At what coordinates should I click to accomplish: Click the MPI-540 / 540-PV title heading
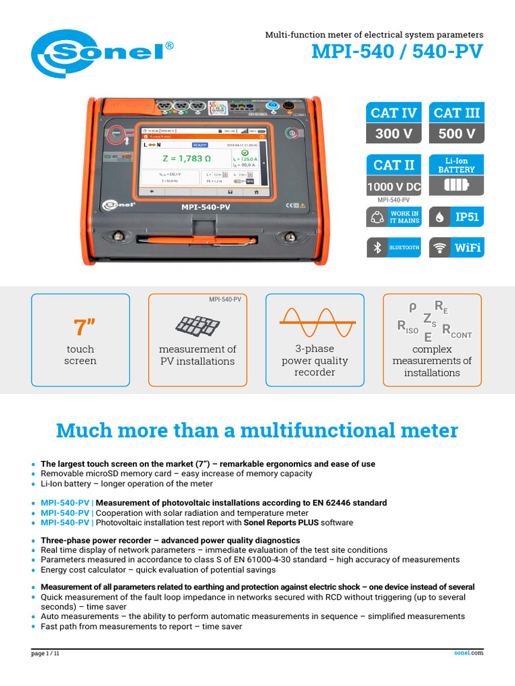397,52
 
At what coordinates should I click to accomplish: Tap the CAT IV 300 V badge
394,123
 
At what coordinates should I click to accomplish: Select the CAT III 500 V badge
456,123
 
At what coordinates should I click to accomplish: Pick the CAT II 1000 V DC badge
394,176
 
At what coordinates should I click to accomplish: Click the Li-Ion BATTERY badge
456,175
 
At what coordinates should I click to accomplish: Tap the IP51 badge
456,217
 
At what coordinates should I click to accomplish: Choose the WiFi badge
456,247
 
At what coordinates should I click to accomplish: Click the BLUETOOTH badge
394,247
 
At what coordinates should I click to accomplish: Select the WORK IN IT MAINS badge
394,217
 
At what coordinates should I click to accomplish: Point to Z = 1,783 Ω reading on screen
186,158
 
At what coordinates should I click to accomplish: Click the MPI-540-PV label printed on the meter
206,207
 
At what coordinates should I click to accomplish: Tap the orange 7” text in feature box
80,328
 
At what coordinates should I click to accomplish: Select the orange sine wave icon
314,322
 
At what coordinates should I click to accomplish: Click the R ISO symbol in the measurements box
408,328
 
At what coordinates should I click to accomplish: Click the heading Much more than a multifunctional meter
257,430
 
